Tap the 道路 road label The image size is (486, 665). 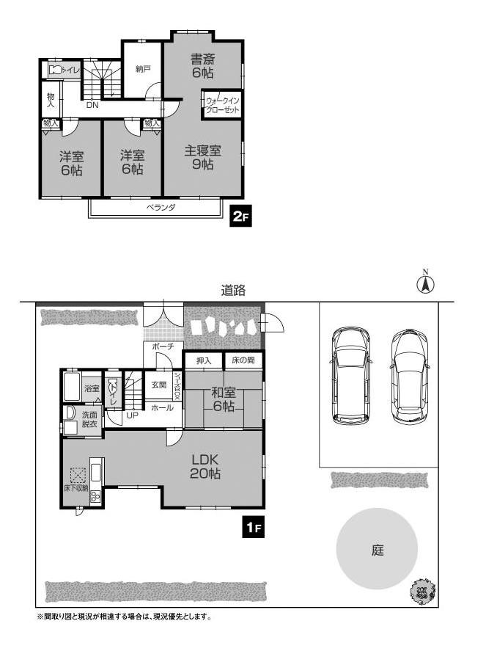[233, 291]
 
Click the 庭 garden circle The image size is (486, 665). [377, 549]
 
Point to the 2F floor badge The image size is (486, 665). [240, 217]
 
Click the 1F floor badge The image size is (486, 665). [254, 527]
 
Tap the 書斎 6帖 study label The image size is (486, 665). [202, 65]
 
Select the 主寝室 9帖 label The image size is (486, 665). [202, 157]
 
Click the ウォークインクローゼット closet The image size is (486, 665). [222, 105]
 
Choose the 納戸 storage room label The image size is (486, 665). [143, 69]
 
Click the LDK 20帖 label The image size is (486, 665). [205, 467]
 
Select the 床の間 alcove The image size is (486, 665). [243, 361]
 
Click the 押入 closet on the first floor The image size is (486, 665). [204, 361]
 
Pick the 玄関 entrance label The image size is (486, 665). [159, 385]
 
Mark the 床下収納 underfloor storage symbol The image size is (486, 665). [78, 476]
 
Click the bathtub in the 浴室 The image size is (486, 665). [73, 387]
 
